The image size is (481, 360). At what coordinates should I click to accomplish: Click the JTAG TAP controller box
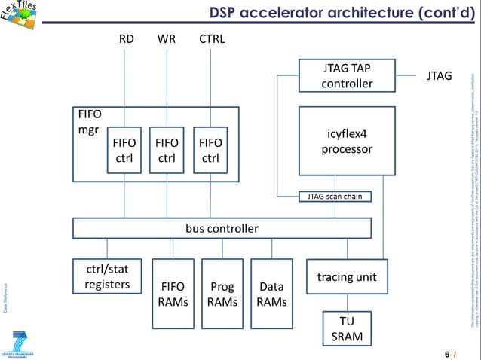(347, 76)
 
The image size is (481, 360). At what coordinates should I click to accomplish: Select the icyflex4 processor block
(347, 141)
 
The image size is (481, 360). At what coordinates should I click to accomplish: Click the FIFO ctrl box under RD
(124, 150)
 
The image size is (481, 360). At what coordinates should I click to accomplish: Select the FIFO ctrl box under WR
(167, 150)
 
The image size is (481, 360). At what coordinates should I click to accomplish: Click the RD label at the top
(127, 38)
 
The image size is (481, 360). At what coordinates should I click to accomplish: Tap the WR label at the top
(167, 38)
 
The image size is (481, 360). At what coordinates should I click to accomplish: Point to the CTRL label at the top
(211, 38)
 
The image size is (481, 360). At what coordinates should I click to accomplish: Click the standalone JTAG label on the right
(439, 76)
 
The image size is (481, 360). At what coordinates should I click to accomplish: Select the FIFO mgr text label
(90, 122)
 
